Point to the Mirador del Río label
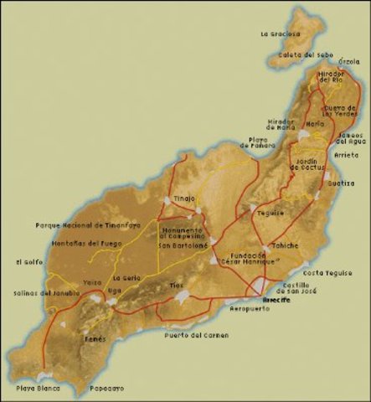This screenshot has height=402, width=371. pyautogui.click(x=331, y=77)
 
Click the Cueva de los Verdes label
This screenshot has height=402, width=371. pyautogui.click(x=342, y=111)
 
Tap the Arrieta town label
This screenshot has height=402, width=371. pyautogui.click(x=347, y=154)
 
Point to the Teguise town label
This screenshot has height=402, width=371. pyautogui.click(x=271, y=213)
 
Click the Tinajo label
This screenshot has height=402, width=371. pyautogui.click(x=183, y=198)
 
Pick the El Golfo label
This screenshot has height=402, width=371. pyautogui.click(x=28, y=262)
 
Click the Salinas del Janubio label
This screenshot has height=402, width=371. pyautogui.click(x=47, y=293)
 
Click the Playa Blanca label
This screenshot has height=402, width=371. pyautogui.click(x=37, y=389)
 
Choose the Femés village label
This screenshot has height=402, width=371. pyautogui.click(x=95, y=340)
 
